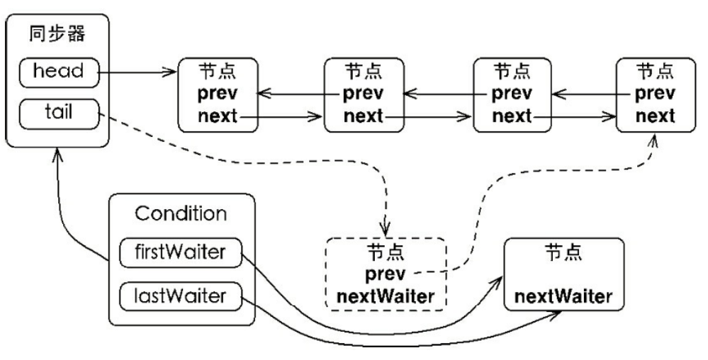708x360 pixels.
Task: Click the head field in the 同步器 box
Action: click(57, 71)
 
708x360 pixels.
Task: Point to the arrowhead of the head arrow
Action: click(172, 71)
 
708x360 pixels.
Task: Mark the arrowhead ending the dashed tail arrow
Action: click(385, 230)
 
